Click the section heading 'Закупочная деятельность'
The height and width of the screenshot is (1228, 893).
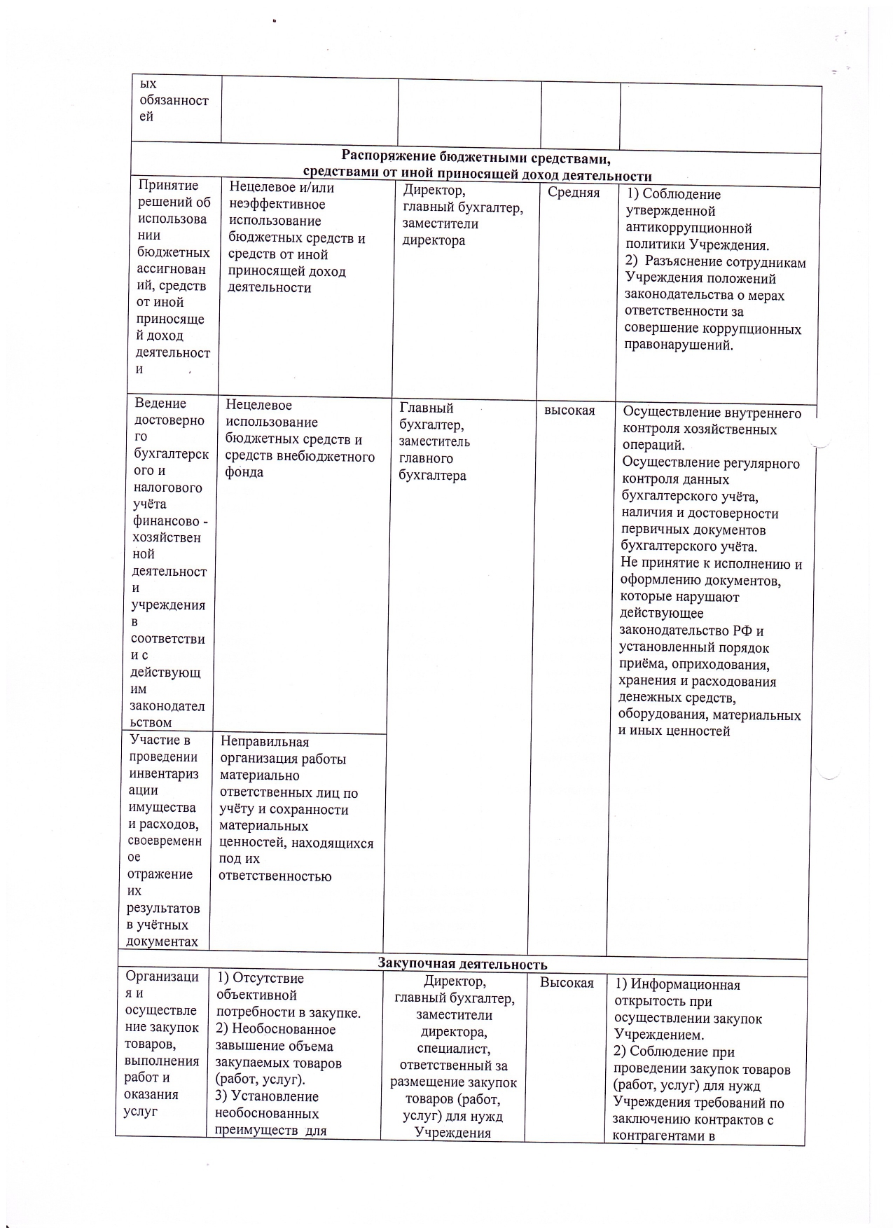pos(462,965)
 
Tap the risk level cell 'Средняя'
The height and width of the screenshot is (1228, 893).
pos(574,193)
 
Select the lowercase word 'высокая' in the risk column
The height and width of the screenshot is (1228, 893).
pos(569,411)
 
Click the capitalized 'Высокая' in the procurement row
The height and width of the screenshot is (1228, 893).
pos(566,983)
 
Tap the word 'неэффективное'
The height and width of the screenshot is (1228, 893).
pos(277,205)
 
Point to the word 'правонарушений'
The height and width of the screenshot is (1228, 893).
pos(679,346)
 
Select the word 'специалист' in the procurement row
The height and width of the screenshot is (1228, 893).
pos(453,1049)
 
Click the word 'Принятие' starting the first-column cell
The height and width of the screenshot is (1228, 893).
pos(168,186)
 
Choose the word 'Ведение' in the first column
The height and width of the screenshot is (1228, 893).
pos(160,403)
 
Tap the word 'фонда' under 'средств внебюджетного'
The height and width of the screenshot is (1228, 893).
pos(244,473)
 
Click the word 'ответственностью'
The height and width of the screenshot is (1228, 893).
pos(275,876)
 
